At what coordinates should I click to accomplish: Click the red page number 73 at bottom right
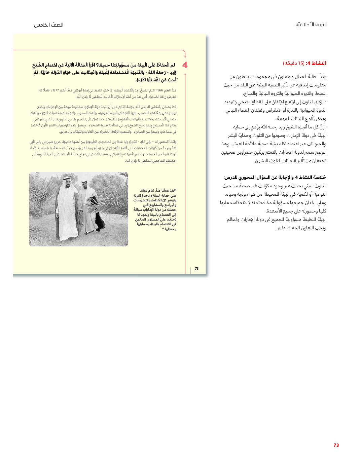pos(336,445)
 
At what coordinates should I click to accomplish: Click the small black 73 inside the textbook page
pos(197,268)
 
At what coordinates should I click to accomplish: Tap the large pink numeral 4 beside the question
pos(185,65)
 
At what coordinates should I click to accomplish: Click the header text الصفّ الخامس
pos(48,25)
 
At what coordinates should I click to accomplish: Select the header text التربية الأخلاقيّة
pos(311,25)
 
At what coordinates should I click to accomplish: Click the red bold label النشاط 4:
pos(316,63)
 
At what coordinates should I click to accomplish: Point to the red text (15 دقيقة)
pos(293,63)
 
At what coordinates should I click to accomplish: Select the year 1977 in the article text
pos(56,90)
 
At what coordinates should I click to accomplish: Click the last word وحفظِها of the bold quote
pos(169,229)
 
